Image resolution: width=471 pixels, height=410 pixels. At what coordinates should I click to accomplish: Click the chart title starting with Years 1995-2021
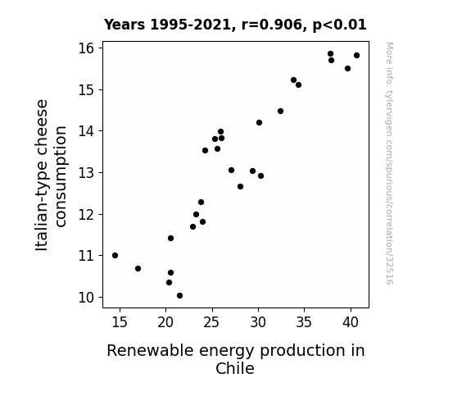tap(235, 25)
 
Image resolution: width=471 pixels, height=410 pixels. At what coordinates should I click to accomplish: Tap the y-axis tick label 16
tap(86, 48)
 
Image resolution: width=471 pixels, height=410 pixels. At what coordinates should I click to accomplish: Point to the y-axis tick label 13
tap(86, 173)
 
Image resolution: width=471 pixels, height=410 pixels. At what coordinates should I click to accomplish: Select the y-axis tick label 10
tap(86, 298)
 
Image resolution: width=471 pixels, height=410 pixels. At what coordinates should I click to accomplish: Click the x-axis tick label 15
tap(120, 322)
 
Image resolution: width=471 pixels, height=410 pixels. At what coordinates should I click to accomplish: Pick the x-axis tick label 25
tap(212, 322)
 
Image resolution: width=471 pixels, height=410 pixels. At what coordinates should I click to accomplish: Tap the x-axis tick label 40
tap(351, 322)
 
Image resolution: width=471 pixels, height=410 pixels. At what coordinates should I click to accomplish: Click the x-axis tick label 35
tap(304, 322)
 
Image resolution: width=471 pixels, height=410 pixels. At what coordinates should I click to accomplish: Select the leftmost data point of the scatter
tap(115, 255)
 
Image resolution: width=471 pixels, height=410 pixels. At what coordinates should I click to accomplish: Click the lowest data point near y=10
tap(179, 296)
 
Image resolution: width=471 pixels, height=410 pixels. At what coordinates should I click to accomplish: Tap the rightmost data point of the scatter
tap(356, 55)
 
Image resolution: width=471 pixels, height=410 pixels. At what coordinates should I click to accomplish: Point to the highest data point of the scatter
tap(330, 54)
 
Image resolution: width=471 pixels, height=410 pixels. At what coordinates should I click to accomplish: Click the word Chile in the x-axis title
tap(235, 368)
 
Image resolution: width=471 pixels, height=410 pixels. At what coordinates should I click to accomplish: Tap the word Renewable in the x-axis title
tap(150, 350)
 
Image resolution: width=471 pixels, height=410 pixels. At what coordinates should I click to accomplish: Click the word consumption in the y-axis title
tap(61, 176)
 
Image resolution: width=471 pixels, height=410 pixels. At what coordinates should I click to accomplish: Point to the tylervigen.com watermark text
tap(389, 163)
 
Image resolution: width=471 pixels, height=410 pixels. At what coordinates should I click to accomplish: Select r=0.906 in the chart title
tap(272, 25)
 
